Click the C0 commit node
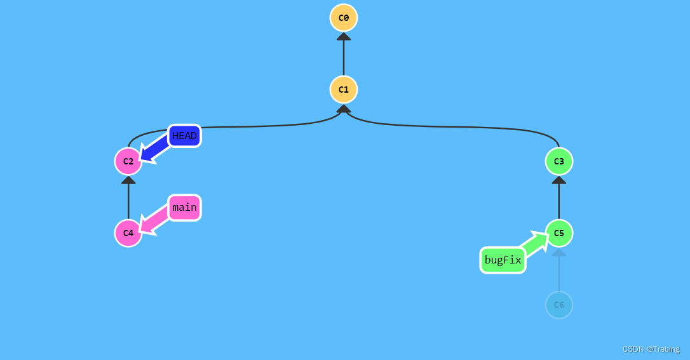click(x=344, y=18)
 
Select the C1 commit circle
click(x=344, y=90)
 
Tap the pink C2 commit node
click(x=128, y=161)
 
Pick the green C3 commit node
click(x=559, y=161)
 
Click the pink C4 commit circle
click(x=128, y=233)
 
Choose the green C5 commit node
click(x=559, y=233)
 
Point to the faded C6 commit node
click(x=559, y=305)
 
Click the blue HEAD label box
click(x=184, y=136)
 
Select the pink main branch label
click(x=184, y=208)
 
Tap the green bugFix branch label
click(x=503, y=260)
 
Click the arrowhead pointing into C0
click(x=344, y=36)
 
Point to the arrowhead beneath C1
click(x=344, y=109)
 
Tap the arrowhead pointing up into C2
click(x=128, y=180)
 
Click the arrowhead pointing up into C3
click(x=559, y=180)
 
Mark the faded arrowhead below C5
click(x=559, y=252)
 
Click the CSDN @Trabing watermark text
click(x=651, y=349)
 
